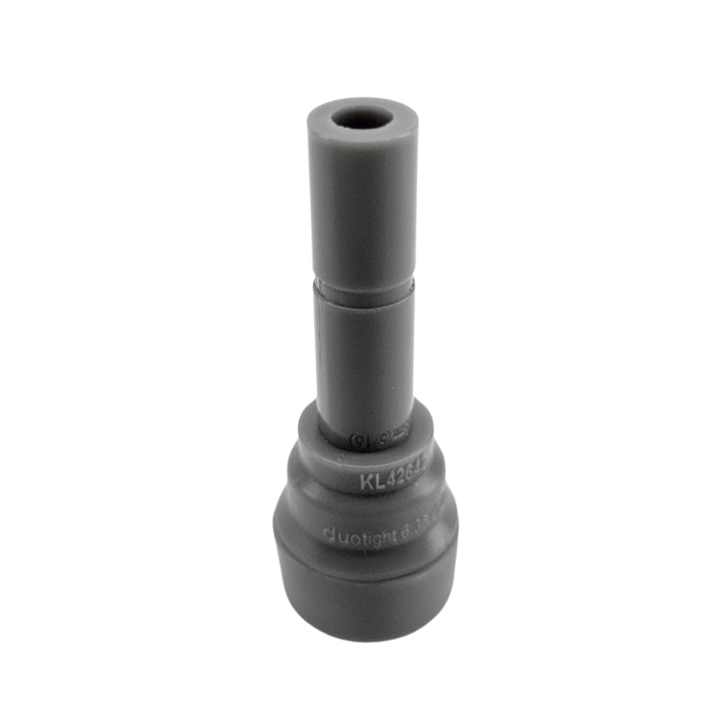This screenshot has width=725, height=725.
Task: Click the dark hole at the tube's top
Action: click(x=362, y=118)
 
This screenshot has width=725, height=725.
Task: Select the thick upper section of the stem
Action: click(x=362, y=210)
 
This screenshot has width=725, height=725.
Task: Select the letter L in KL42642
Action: click(x=378, y=481)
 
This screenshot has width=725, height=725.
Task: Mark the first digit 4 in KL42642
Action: click(x=390, y=478)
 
